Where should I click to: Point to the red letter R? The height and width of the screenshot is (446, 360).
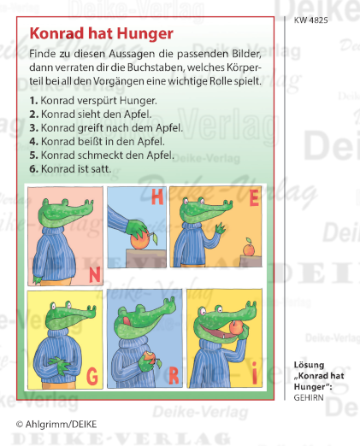click(x=171, y=373)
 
